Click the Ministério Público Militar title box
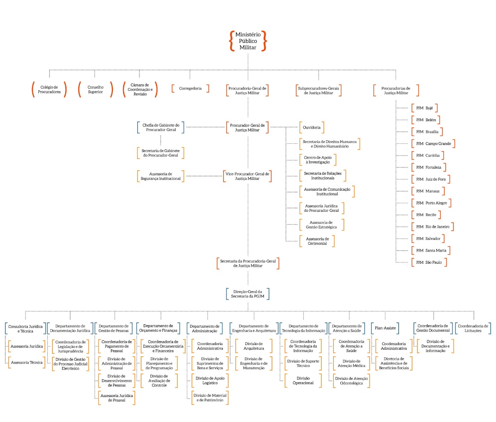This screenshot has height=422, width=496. [248, 41]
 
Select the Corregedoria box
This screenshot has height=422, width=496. [190, 89]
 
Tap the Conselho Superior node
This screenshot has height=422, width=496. [95, 89]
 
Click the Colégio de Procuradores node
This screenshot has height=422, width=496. [49, 89]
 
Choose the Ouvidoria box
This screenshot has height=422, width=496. [312, 127]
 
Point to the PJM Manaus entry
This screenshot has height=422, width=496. [428, 191]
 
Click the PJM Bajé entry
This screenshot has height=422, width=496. [424, 108]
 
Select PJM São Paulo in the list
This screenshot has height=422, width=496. [429, 262]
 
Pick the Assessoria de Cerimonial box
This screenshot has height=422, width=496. [317, 241]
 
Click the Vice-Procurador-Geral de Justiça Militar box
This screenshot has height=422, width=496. [247, 176]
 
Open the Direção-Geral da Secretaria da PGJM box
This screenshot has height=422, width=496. [247, 294]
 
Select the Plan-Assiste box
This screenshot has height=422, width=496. [385, 328]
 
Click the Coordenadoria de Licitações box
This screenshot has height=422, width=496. [473, 328]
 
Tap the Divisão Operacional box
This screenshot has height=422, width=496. [303, 381]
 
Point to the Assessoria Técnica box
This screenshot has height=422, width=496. [27, 363]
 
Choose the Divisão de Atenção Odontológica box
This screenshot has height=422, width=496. [351, 381]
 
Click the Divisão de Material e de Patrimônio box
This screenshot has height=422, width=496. [210, 398]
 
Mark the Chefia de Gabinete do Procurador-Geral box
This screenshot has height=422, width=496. [161, 127]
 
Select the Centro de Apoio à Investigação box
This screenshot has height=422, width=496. [318, 160]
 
